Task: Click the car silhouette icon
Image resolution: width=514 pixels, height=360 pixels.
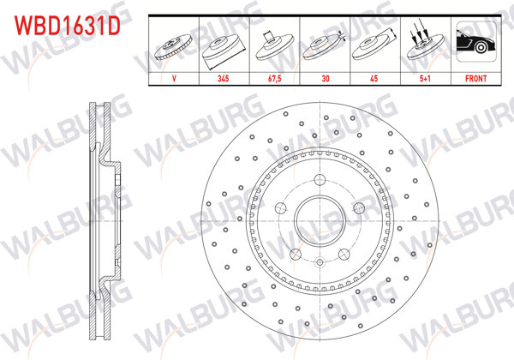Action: click(x=474, y=44)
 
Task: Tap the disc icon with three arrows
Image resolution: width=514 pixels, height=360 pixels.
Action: click(x=426, y=44)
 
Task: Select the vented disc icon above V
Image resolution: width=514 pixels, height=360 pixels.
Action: click(x=175, y=44)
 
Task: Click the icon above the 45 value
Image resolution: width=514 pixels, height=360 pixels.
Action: click(x=375, y=44)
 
